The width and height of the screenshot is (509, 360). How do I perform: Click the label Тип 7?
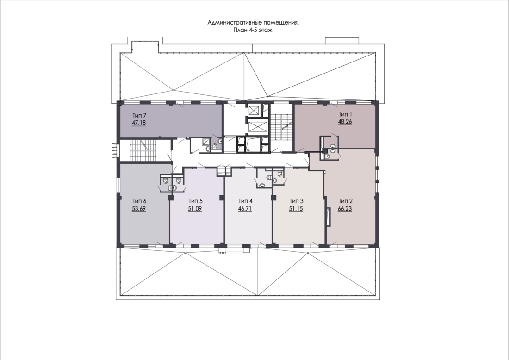tap(140, 115)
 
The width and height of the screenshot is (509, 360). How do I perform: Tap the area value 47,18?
tap(139, 123)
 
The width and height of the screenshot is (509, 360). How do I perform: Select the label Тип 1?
tap(345, 114)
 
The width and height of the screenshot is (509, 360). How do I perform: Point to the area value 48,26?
tap(345, 122)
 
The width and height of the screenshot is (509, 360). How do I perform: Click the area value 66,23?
tap(345, 209)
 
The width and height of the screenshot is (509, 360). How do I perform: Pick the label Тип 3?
tap(296, 201)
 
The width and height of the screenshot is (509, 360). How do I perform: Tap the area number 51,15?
tap(296, 209)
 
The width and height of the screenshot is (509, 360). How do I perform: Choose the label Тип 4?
tap(245, 201)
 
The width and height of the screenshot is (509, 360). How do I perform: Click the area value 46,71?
tap(245, 209)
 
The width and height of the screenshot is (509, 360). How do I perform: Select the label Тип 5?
tap(195, 201)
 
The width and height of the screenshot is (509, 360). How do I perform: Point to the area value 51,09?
tap(195, 209)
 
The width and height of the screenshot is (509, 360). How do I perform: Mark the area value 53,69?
tap(139, 209)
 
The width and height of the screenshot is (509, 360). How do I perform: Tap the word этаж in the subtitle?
tap(265, 31)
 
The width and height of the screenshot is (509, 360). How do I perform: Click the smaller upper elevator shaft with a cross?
tap(253, 110)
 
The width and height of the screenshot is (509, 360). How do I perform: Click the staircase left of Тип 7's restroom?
tap(144, 151)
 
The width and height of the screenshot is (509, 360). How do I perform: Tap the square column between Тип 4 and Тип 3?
tap(273, 198)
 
